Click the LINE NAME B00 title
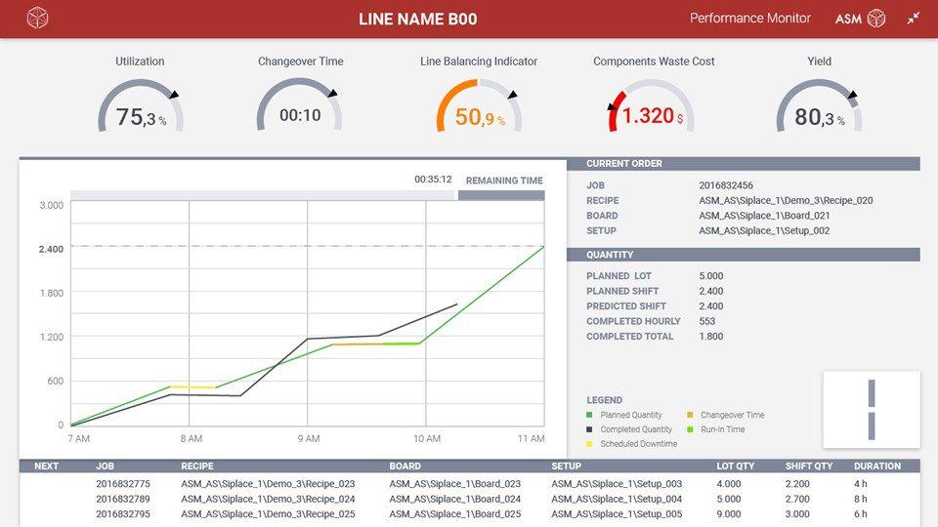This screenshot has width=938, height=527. pyautogui.click(x=417, y=19)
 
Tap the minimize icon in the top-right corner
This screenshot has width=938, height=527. pyautogui.click(x=914, y=19)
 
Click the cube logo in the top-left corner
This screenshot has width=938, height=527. pyautogui.click(x=37, y=19)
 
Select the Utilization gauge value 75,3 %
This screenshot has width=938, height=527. pyautogui.click(x=141, y=118)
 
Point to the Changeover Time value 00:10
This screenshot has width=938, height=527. pyautogui.click(x=300, y=115)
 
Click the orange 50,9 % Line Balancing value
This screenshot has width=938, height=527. pyautogui.click(x=480, y=118)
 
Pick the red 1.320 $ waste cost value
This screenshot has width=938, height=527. pyautogui.click(x=653, y=116)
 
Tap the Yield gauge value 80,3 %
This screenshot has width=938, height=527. pyautogui.click(x=819, y=118)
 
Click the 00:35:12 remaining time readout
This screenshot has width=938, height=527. pyautogui.click(x=433, y=180)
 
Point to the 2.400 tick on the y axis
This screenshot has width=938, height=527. pyautogui.click(x=51, y=249)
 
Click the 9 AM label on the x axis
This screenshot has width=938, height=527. pyautogui.click(x=309, y=439)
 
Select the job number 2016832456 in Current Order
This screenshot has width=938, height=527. pyautogui.click(x=726, y=184)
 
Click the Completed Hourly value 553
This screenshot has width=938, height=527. pyautogui.click(x=708, y=321)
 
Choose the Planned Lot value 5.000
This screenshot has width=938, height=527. pyautogui.click(x=711, y=276)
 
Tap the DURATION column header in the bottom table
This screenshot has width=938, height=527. pyautogui.click(x=876, y=466)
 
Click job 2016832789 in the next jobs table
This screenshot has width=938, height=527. pyautogui.click(x=123, y=499)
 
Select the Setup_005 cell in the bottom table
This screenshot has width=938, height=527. pyautogui.click(x=617, y=514)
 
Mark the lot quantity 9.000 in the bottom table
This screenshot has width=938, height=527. pyautogui.click(x=729, y=514)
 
